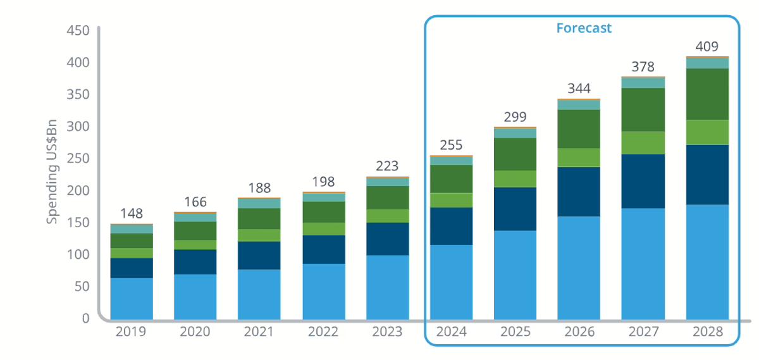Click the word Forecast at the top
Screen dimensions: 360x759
click(584, 28)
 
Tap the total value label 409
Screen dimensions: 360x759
click(707, 46)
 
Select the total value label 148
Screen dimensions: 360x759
click(132, 213)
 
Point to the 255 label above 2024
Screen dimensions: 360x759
click(452, 146)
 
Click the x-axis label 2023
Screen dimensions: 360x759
click(387, 332)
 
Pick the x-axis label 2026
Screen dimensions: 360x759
click(579, 332)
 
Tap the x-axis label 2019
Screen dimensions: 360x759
click(132, 332)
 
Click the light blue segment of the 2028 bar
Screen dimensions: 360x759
click(707, 261)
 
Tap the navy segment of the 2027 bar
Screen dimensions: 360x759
click(643, 181)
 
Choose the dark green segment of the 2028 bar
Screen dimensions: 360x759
click(707, 94)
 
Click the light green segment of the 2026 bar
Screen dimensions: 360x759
click(579, 158)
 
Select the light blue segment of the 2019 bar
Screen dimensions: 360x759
click(132, 298)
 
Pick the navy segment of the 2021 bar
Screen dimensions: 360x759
click(259, 256)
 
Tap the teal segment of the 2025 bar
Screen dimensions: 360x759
click(515, 133)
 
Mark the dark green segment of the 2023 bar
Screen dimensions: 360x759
click(387, 197)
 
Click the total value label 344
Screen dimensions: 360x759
click(579, 88)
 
